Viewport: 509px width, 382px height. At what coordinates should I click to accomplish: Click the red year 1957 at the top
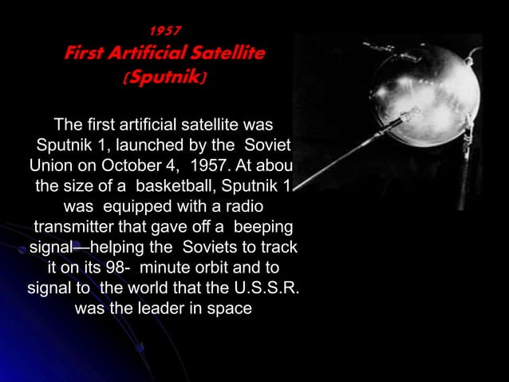point(166,31)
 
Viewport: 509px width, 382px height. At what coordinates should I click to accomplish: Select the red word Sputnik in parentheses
point(165,78)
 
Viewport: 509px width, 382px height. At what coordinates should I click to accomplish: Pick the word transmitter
point(75,226)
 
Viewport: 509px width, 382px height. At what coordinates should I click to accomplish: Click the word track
point(281,245)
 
